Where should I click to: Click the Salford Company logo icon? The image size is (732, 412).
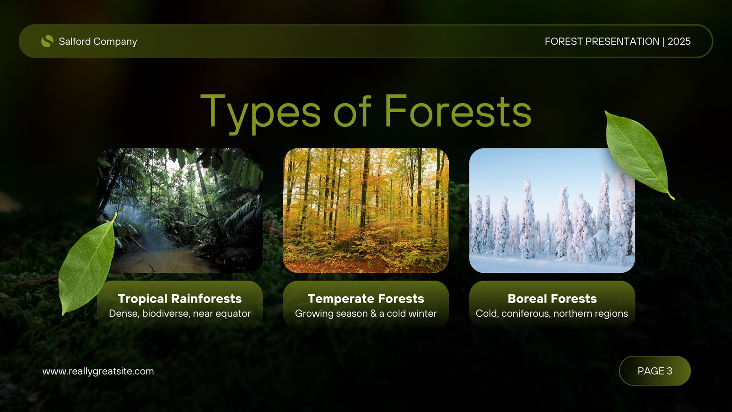(x=47, y=41)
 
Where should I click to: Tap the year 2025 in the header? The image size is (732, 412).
(x=679, y=41)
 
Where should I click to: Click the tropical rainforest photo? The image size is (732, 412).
(x=180, y=211)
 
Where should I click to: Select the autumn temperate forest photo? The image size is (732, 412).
(x=366, y=211)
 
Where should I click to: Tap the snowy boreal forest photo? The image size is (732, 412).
(x=552, y=211)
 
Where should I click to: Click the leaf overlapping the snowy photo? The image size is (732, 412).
(x=637, y=154)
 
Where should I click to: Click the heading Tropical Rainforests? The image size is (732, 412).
(x=180, y=298)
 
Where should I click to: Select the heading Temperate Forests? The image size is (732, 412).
(x=366, y=298)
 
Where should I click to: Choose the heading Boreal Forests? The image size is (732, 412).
(x=552, y=298)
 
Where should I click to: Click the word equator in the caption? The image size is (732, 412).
(x=233, y=314)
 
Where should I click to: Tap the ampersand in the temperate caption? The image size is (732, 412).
(x=373, y=314)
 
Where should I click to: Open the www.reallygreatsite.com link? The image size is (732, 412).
(x=98, y=371)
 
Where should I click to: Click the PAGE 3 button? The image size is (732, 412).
(x=655, y=371)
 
